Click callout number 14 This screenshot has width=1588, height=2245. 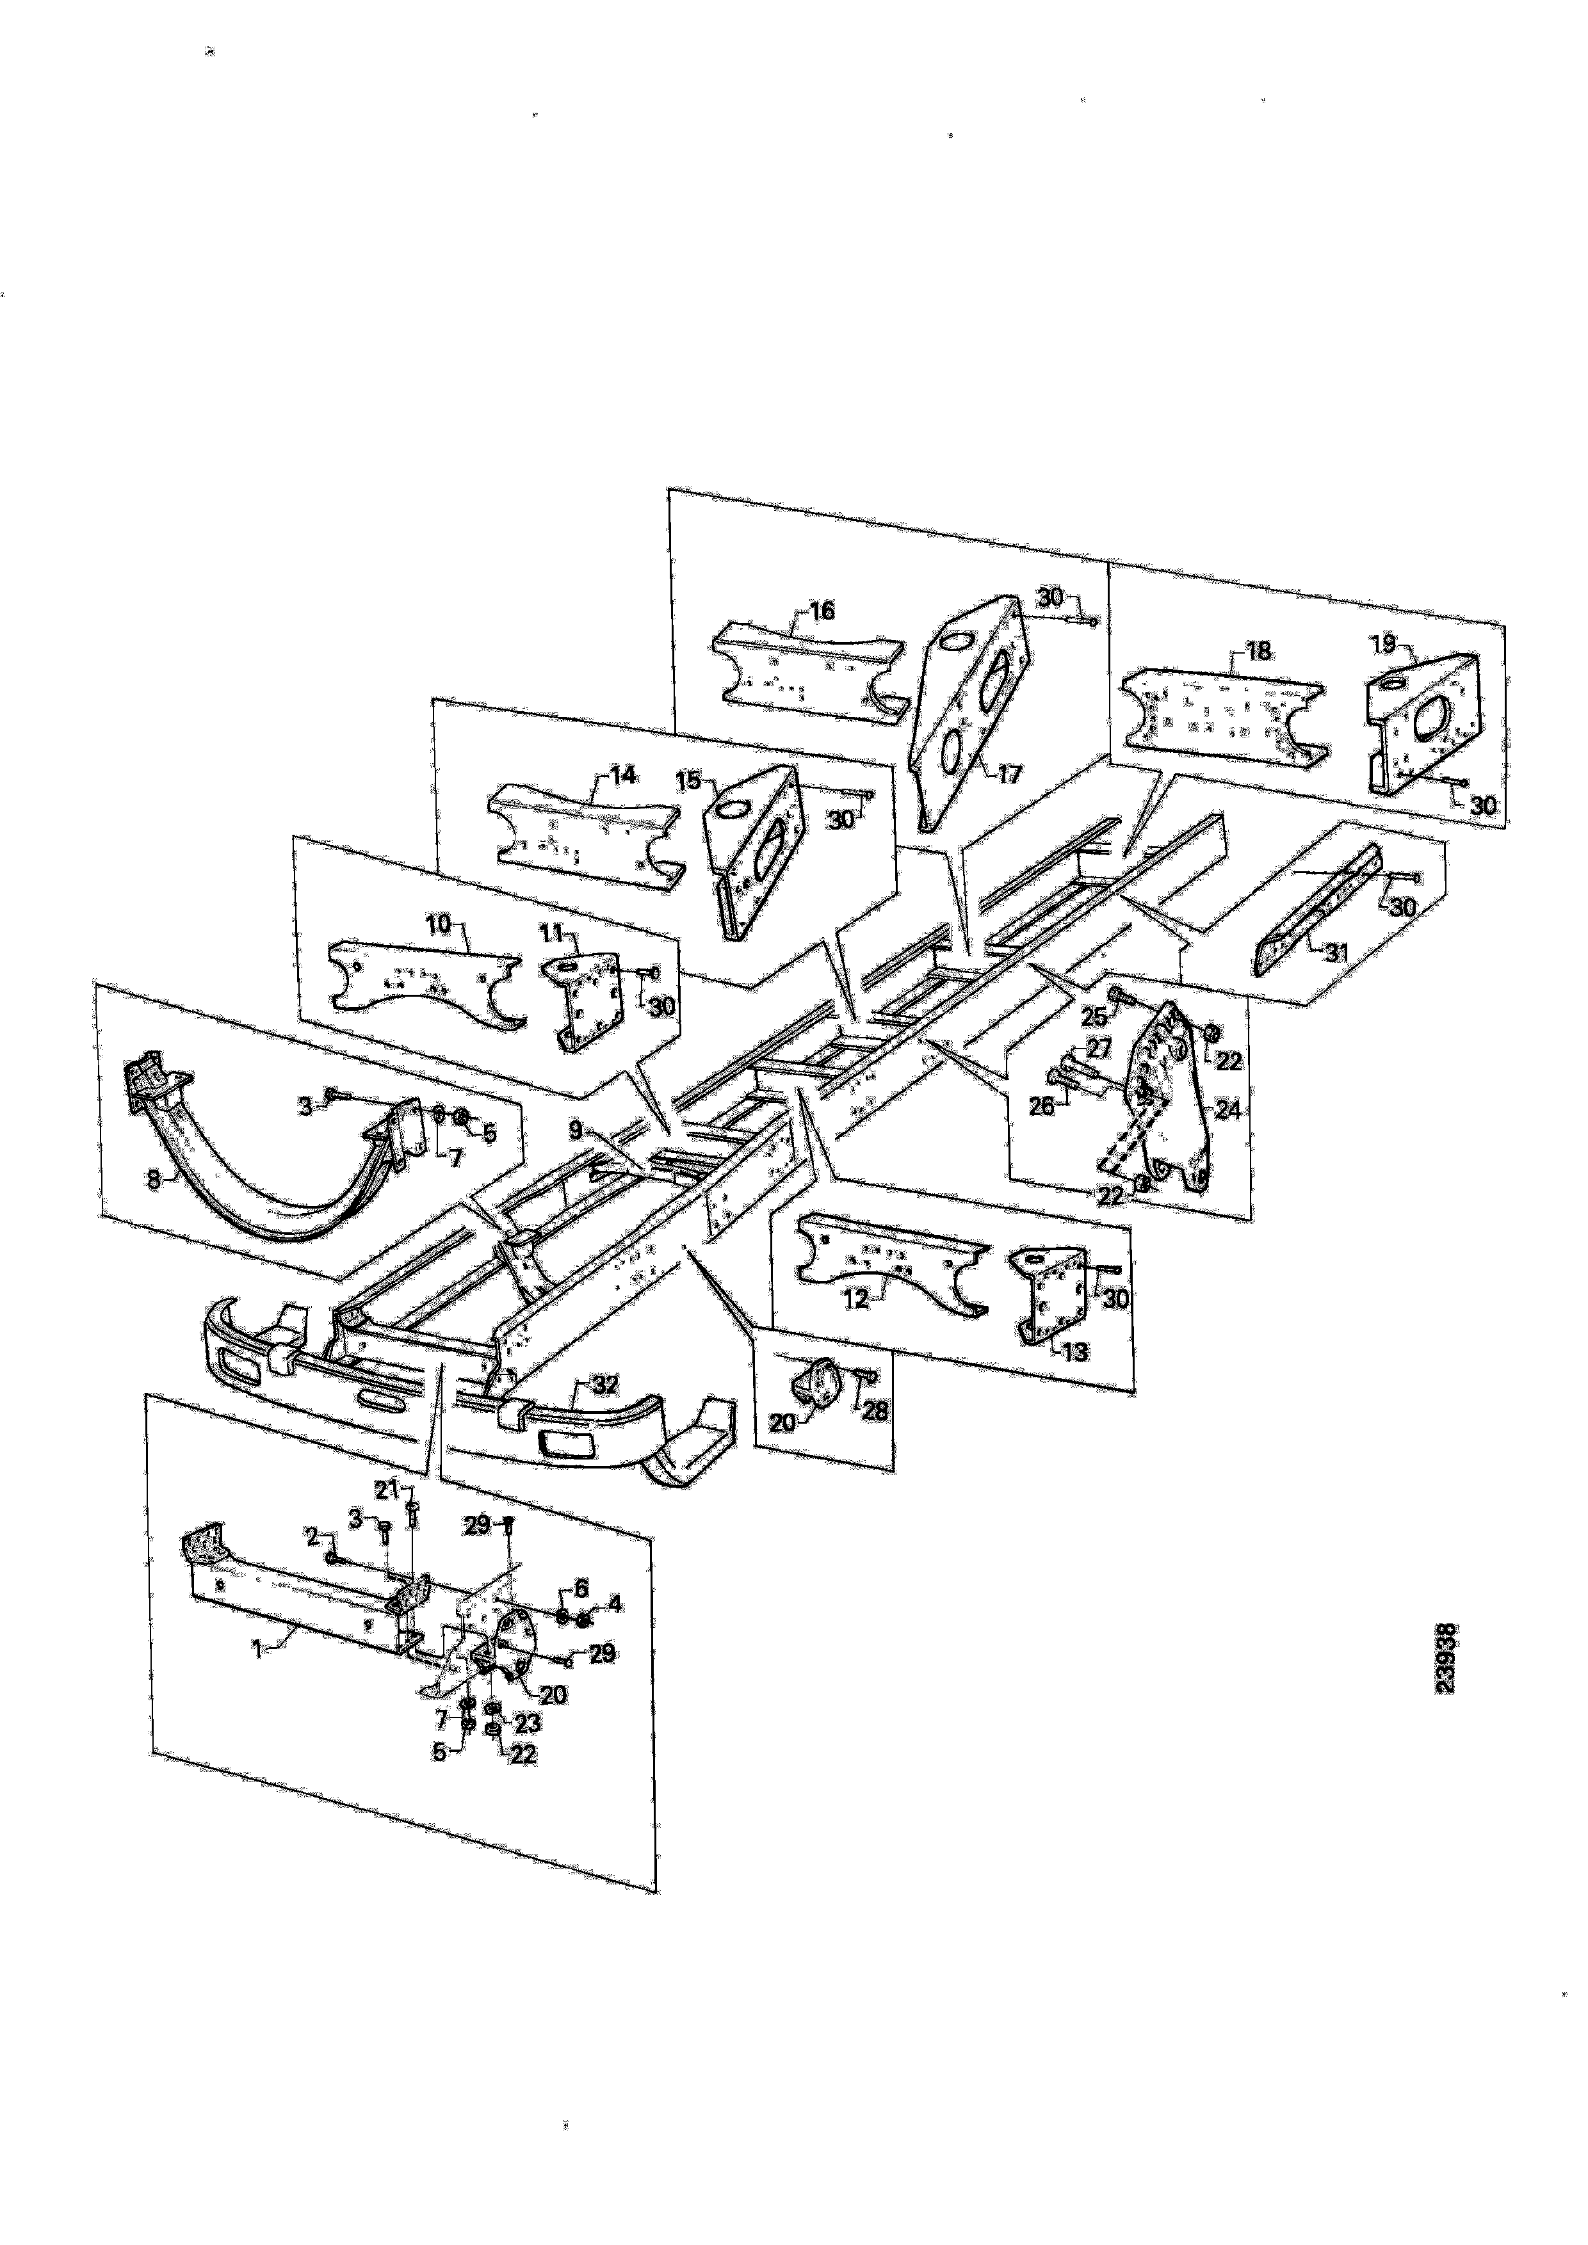623,775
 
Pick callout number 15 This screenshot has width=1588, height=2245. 688,781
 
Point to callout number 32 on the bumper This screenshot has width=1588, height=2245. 605,1385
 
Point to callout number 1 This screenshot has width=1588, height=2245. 258,1648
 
